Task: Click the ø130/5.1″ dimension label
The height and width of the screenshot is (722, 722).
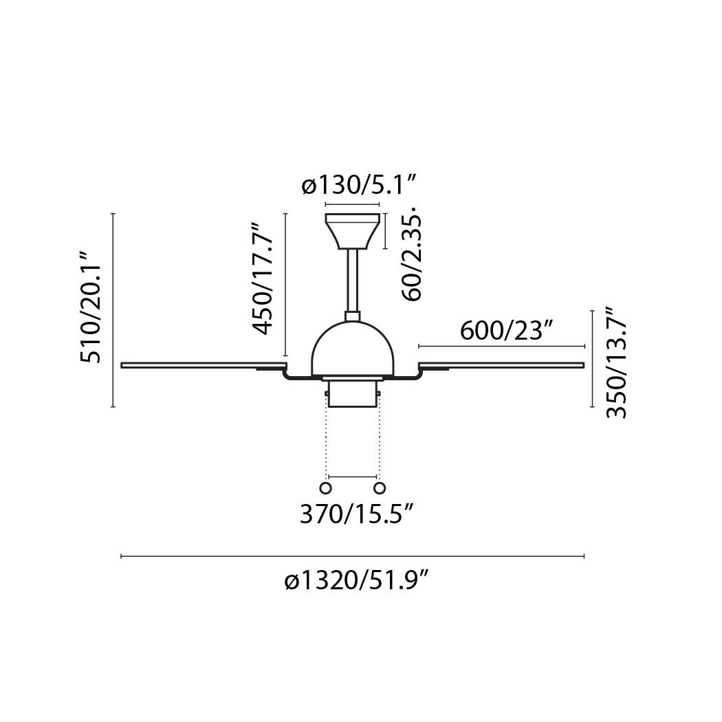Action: click(x=359, y=186)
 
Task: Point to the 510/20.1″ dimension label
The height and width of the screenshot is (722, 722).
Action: click(x=90, y=307)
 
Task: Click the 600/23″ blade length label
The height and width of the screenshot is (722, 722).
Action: click(x=506, y=329)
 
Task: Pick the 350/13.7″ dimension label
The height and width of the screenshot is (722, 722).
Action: click(x=616, y=363)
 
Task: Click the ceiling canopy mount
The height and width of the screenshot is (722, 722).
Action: click(x=352, y=231)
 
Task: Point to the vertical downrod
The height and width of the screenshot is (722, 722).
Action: click(x=352, y=281)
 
